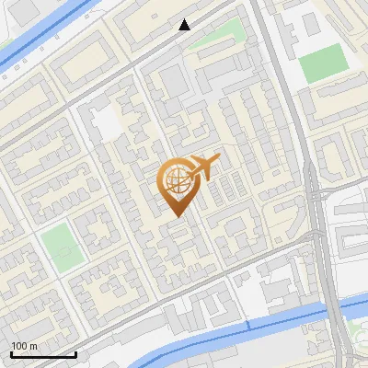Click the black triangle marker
pos(185,25)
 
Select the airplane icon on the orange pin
pos(204,167)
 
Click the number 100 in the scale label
pos(18,346)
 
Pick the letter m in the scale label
pos(33,346)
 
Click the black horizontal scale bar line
pos(43,354)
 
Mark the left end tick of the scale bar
pos(11,352)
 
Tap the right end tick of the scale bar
pos(75,352)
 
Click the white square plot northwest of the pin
pos(108,121)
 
